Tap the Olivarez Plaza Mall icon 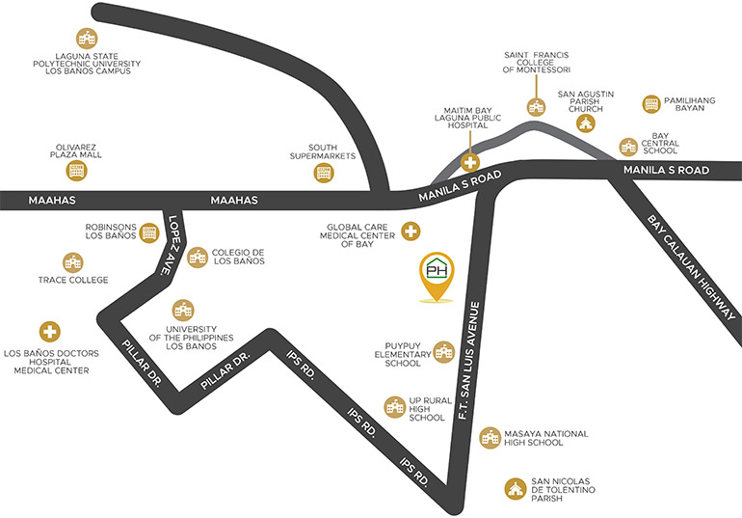click(x=76, y=171)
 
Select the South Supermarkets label click(x=323, y=151)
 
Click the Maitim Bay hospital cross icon click(x=470, y=162)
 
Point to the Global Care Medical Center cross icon click(x=411, y=232)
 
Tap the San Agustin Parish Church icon click(x=585, y=123)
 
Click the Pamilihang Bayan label click(x=689, y=104)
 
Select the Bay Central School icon click(x=628, y=147)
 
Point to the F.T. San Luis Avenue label click(x=469, y=361)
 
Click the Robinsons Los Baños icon click(x=149, y=232)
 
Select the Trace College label click(x=73, y=280)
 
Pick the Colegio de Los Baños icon click(x=198, y=258)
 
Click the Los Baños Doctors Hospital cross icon click(x=50, y=332)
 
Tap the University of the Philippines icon click(x=183, y=311)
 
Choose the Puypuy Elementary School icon click(x=444, y=352)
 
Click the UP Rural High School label click(x=430, y=409)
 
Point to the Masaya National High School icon click(x=490, y=438)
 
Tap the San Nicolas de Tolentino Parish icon click(x=515, y=488)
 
